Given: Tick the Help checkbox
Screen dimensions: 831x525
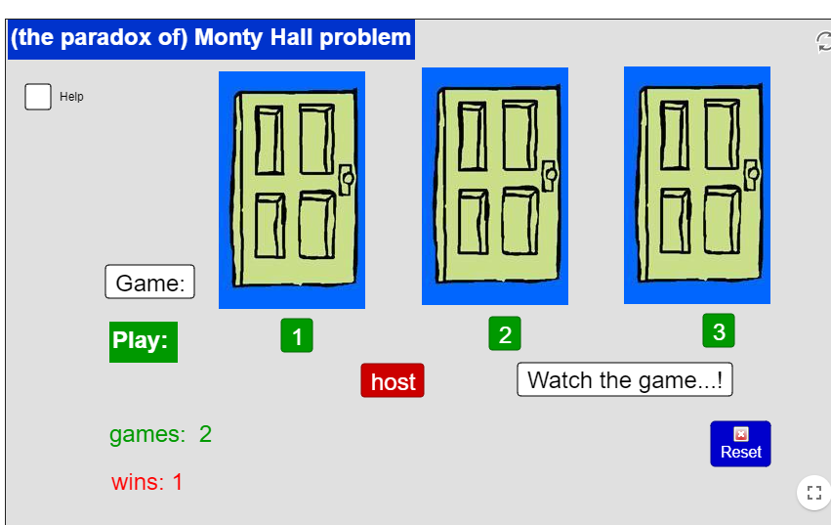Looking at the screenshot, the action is pos(38,97).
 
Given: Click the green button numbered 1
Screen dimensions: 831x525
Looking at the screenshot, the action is pos(297,335).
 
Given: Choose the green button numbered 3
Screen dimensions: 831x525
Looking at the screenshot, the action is pos(719,330).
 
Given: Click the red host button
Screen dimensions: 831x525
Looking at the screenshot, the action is pos(393,380).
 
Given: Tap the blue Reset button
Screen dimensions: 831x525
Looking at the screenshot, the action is pos(740,444).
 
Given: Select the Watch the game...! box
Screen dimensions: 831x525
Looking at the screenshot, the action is pos(625,379).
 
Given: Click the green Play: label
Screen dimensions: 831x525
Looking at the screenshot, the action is pos(144,342).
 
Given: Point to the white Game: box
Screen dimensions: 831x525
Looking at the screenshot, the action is pos(150,282).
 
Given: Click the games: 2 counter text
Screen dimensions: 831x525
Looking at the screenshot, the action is pos(160,434).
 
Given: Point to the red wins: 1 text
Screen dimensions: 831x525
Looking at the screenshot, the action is pos(146,482).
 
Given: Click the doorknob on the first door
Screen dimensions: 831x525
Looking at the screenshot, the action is pos(347,179).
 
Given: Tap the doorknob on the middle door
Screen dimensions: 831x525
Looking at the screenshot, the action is pos(550,175).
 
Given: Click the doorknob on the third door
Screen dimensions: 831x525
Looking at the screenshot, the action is pos(752,174).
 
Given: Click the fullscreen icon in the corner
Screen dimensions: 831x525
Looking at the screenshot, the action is pos(814,493).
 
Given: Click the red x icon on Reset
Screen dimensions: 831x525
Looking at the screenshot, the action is pos(741,434).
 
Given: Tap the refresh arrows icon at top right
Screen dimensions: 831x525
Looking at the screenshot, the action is pos(823,42).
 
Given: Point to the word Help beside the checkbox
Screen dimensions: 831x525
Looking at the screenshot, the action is pos(71,97).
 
